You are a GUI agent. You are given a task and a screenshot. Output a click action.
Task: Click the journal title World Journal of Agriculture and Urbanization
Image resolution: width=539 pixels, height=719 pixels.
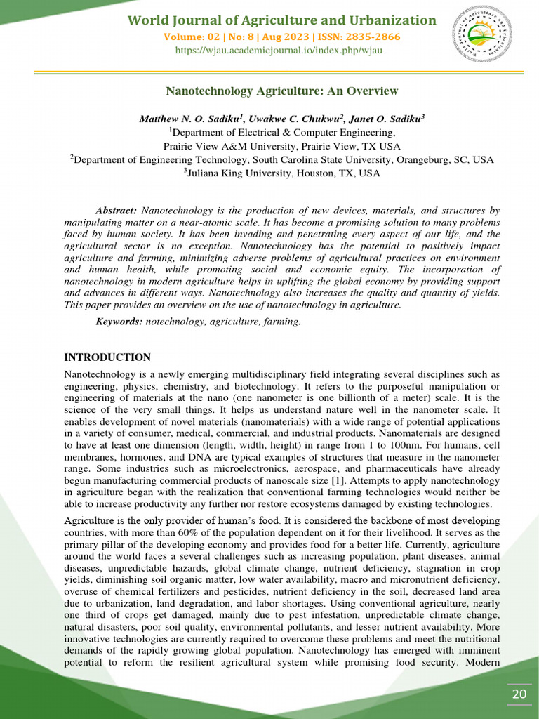point(281,20)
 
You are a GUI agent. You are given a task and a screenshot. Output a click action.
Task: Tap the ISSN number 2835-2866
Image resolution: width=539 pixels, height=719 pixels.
point(375,37)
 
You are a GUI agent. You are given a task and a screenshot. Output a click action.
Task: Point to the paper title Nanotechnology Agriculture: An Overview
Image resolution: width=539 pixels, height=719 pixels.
point(281,91)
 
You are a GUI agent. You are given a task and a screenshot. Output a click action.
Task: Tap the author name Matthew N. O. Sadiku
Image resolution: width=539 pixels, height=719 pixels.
point(187,119)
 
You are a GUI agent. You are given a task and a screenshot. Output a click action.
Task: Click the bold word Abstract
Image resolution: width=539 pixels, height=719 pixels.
point(117,211)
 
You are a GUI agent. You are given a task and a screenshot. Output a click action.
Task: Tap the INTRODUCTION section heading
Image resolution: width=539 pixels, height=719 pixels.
point(107,357)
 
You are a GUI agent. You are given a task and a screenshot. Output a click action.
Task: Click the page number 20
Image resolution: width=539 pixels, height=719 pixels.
point(519,694)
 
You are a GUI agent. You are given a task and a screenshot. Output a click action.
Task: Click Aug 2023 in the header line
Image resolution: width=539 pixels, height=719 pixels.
point(319,37)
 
